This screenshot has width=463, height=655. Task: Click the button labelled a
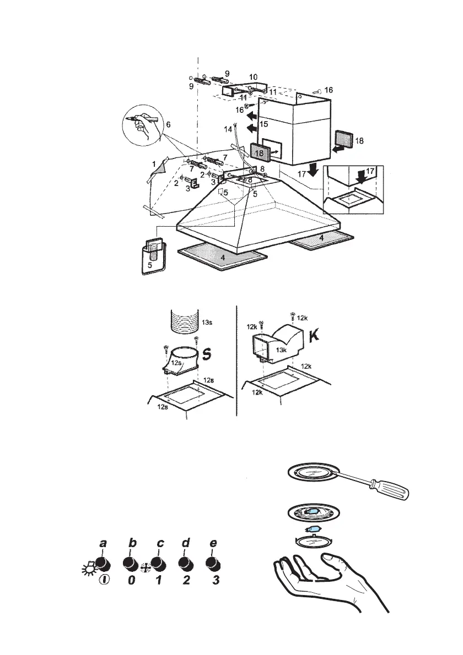[101, 563]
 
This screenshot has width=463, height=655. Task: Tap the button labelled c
[158, 564]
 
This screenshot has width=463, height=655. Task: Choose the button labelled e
[212, 564]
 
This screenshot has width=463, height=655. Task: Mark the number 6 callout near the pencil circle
[169, 125]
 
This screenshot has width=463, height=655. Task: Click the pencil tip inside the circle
[128, 119]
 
